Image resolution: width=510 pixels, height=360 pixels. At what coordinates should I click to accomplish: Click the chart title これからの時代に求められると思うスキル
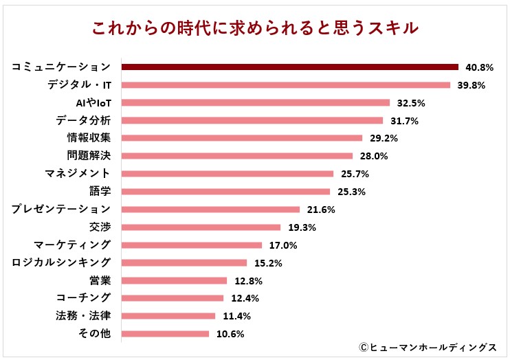point(255,28)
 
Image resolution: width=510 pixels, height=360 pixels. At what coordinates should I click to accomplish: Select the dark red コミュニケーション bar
point(289,67)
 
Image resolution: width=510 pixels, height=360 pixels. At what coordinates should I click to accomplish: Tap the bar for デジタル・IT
point(285,85)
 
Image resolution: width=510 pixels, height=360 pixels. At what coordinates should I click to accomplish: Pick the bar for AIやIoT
point(255,103)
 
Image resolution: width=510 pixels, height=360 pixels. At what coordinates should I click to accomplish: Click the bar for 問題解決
point(236,156)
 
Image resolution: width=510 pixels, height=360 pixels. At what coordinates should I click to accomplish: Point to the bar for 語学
point(225,192)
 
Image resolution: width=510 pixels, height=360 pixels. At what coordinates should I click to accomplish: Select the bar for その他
point(165,334)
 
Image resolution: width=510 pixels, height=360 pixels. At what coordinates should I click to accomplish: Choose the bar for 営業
point(174,280)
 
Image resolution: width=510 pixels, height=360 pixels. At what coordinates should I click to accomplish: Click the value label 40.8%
point(478,67)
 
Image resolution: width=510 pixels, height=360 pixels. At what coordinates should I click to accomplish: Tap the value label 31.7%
point(403,121)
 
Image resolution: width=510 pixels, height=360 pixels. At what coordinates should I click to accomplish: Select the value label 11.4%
point(235,316)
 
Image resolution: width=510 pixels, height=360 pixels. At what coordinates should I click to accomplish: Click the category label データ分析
point(83,121)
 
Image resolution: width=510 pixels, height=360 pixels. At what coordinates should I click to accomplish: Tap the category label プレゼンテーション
point(61,209)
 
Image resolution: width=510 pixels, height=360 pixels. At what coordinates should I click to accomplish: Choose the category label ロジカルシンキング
point(61,262)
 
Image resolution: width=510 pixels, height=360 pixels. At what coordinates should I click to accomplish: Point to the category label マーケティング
point(72,245)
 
